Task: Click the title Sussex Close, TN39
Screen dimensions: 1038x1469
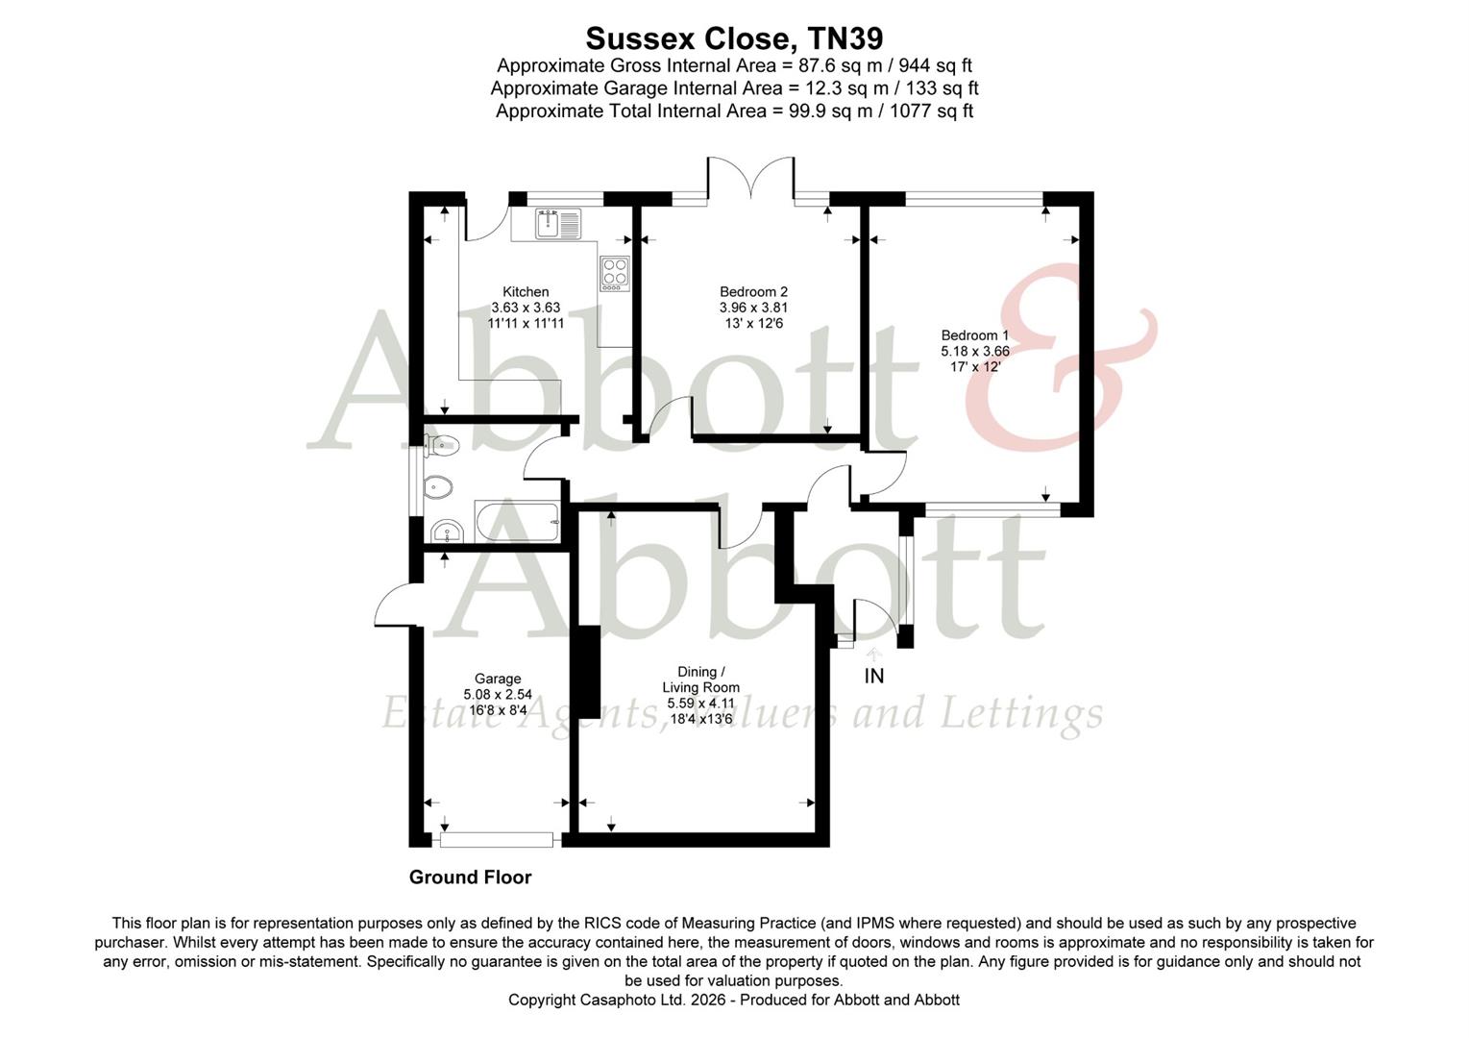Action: click(734, 38)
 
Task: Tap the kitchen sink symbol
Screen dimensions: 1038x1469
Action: click(558, 223)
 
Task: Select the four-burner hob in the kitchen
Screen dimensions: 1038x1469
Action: click(614, 273)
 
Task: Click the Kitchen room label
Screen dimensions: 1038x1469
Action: click(526, 292)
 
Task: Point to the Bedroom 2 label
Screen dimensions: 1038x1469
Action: click(753, 292)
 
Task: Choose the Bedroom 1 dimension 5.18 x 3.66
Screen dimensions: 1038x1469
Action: click(974, 351)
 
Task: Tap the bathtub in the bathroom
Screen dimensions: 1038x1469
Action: click(517, 522)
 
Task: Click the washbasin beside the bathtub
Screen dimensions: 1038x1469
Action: click(446, 531)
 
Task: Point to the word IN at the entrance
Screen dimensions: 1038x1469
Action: click(873, 677)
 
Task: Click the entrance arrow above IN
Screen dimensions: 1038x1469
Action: click(873, 654)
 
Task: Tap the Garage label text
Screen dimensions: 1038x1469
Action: click(498, 679)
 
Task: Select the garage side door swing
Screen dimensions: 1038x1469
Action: click(394, 605)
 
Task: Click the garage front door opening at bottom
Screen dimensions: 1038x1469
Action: click(497, 840)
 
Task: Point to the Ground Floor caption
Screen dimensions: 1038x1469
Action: click(470, 877)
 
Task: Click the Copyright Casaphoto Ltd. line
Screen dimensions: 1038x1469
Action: click(734, 1000)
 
